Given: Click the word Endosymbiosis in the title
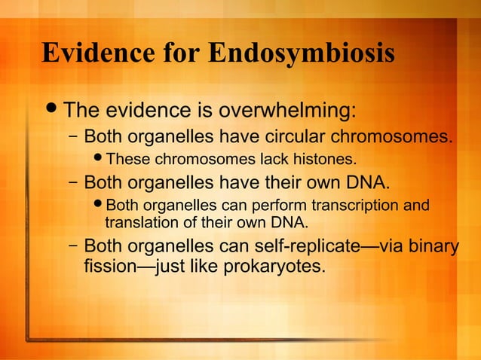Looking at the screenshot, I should click(301, 54).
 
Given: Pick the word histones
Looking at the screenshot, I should click(325, 159).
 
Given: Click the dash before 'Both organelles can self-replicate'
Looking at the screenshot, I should click(72, 246).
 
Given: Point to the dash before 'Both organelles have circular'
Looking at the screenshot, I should click(72, 138).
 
